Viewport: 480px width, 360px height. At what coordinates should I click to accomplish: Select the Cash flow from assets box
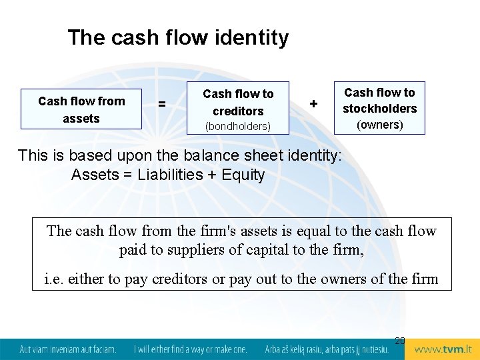coord(81,109)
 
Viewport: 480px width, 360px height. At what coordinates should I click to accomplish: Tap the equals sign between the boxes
coord(162,105)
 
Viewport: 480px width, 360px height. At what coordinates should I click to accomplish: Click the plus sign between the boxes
coord(313,104)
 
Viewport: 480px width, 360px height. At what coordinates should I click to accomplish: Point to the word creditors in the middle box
coord(238,111)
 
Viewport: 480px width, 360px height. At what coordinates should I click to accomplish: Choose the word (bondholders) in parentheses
coord(238,126)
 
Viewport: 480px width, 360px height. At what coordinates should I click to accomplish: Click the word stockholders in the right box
coord(379,109)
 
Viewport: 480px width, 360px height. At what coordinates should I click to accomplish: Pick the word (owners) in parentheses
coord(379,125)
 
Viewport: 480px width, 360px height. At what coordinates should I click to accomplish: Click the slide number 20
coord(399,341)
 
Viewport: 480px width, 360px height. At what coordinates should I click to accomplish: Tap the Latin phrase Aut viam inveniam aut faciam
coord(67,349)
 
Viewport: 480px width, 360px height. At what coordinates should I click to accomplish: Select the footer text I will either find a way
coord(190,349)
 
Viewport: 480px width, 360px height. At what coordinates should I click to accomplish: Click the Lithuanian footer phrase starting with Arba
coord(327,349)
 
